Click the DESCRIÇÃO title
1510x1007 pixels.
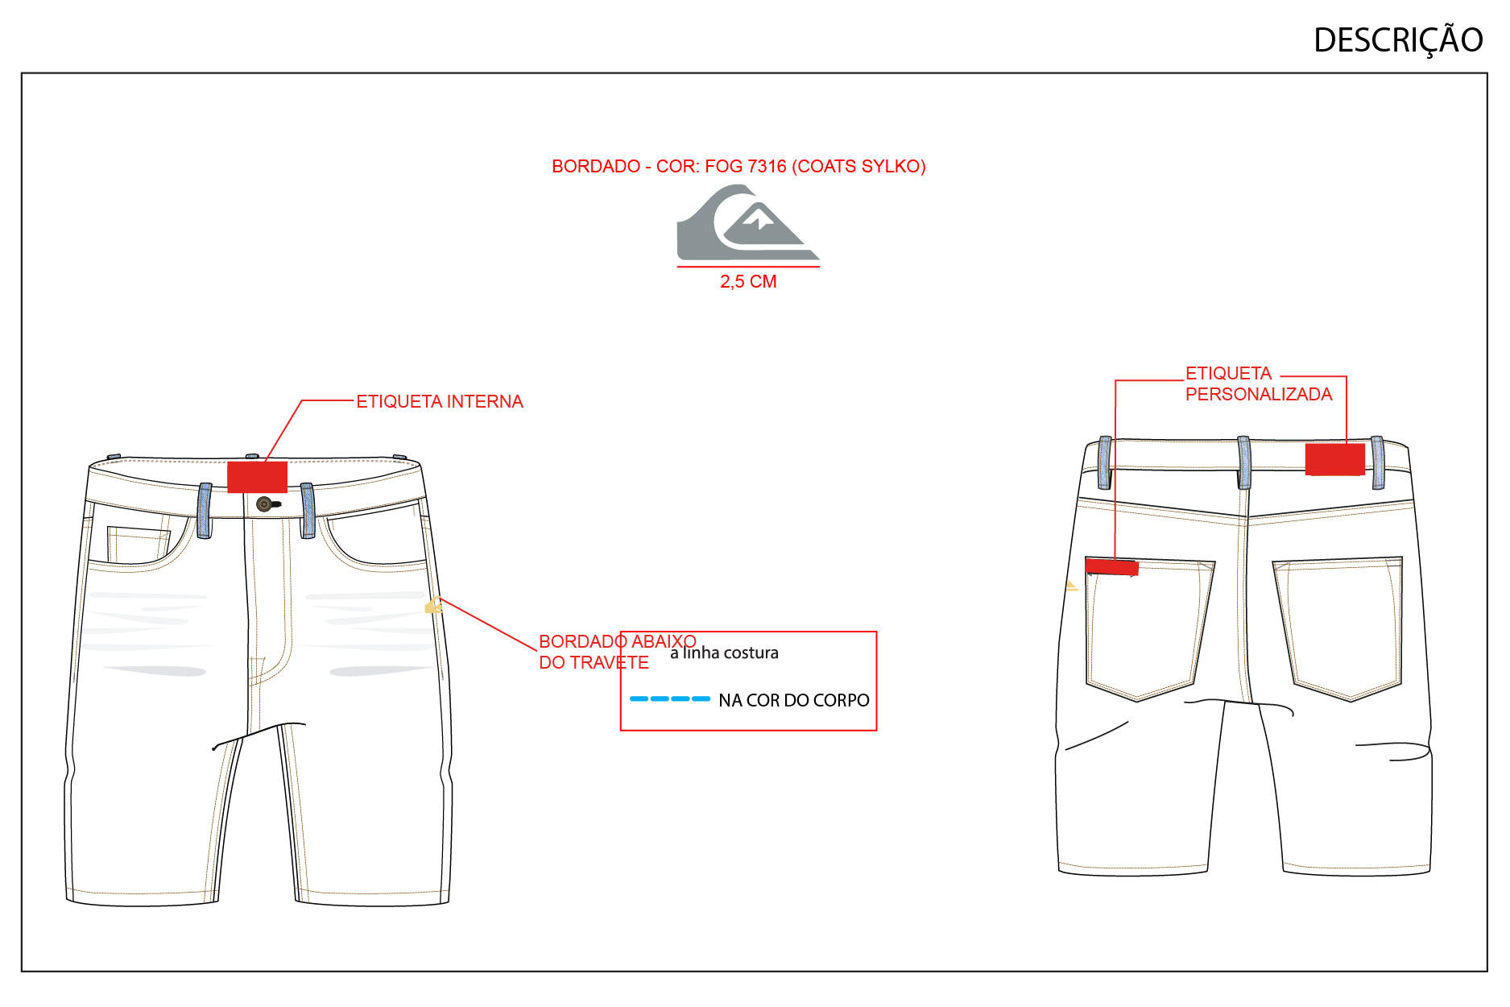point(1398,40)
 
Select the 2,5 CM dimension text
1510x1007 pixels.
point(748,282)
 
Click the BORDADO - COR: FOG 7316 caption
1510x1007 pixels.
point(738,166)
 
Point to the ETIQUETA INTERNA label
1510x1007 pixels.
point(440,401)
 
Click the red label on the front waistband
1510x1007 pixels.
point(258,477)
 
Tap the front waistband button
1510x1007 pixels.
point(264,504)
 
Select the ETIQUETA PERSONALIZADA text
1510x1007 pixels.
point(1259,383)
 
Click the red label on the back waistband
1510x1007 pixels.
point(1334,459)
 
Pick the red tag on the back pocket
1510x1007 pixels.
point(1112,566)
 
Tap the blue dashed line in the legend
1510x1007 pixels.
point(669,698)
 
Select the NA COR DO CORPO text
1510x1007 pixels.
point(794,700)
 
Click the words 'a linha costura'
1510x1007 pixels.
point(724,653)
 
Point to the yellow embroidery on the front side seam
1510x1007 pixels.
point(433,604)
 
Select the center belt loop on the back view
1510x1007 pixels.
point(1244,462)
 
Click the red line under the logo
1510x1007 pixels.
point(748,267)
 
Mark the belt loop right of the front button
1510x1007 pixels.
point(308,511)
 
